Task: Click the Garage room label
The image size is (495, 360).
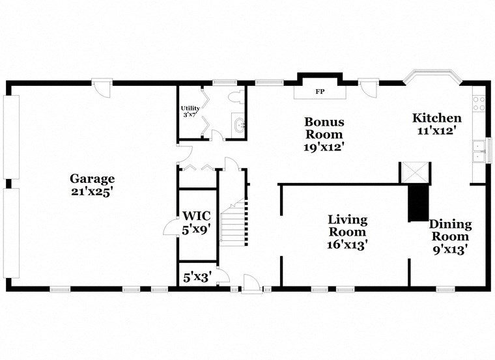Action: pos(92,178)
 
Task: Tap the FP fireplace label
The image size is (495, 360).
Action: pos(320,92)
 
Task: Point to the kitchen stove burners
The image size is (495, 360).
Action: pos(479,102)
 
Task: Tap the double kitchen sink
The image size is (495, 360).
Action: pos(479,150)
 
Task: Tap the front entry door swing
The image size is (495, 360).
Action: pos(250,283)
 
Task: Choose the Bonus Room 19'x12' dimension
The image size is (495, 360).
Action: pos(324,147)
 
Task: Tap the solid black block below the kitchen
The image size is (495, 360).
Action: pos(417,202)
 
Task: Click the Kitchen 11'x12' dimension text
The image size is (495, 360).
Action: pos(437,130)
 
